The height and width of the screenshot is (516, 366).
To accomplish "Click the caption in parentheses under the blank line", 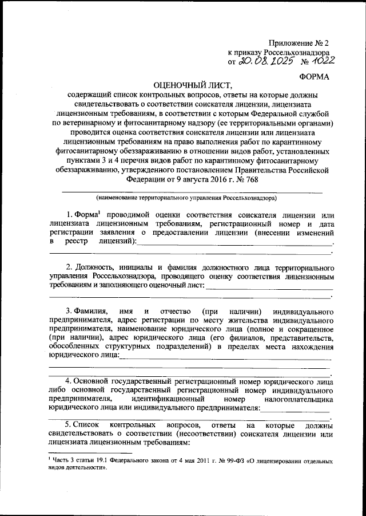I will [186, 198].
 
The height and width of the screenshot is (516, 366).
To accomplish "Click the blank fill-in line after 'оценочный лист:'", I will [269, 288].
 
